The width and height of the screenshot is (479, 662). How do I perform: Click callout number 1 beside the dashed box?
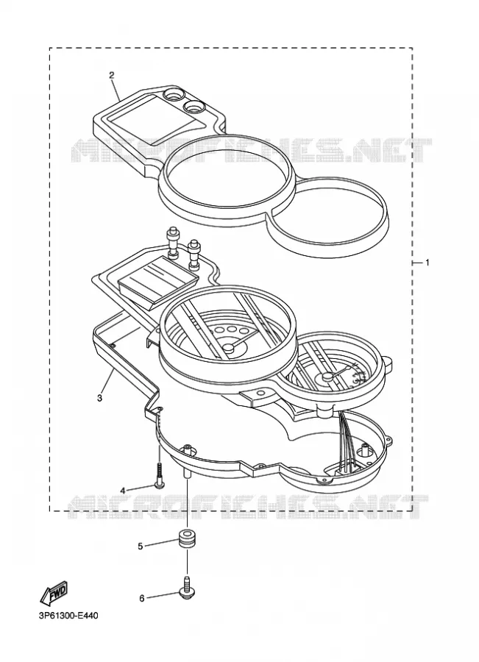pos(427,263)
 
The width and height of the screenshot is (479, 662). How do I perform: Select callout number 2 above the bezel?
pos(112,76)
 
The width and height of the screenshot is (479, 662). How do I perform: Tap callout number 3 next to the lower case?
pos(99,398)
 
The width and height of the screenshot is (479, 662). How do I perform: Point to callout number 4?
pos(123,491)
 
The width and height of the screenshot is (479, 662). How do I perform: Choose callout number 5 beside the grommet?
pos(141,547)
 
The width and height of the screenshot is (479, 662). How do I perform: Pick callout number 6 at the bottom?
pos(142,598)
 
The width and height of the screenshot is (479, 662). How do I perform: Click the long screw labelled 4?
pos(160,475)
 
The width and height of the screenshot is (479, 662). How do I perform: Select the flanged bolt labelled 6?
pos(186,587)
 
